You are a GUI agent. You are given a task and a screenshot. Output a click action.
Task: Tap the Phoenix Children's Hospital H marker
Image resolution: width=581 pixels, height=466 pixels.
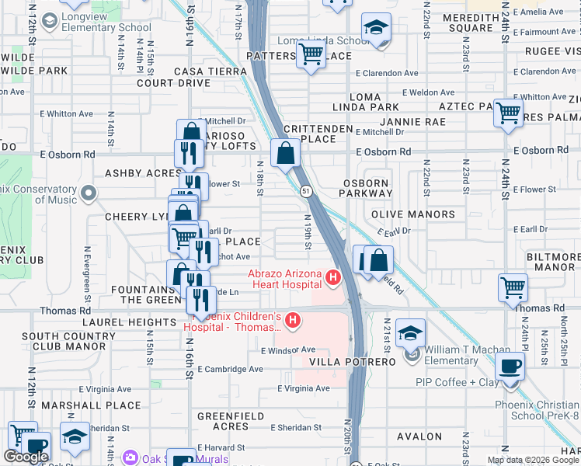click(x=293, y=320)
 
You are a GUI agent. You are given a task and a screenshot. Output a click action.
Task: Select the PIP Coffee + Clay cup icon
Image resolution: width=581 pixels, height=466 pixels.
click(x=510, y=366)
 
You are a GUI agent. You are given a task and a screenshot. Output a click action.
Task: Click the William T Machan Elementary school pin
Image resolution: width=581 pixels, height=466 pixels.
click(x=410, y=333)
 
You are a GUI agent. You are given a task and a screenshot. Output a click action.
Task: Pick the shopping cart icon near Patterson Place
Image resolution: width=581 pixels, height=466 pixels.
click(x=311, y=54)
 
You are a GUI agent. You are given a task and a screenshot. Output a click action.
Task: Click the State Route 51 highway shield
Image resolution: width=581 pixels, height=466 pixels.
click(x=307, y=190)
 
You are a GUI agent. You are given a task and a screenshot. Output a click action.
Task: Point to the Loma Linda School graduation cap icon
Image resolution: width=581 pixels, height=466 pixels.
click(x=376, y=30)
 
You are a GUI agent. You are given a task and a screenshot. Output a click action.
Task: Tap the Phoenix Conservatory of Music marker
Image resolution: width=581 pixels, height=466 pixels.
click(x=89, y=192)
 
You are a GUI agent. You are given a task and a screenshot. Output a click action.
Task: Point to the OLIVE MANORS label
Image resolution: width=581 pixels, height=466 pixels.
click(x=413, y=214)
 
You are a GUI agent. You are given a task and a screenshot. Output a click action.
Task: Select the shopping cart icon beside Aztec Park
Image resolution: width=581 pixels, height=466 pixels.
click(x=508, y=113)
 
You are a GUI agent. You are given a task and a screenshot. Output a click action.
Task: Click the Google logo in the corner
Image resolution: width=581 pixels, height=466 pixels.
click(x=26, y=457)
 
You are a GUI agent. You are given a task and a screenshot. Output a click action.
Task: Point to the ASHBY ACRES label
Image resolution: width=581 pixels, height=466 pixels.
click(x=143, y=173)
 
